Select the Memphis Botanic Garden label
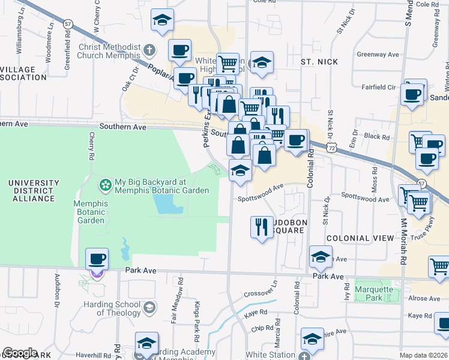tap(91, 212)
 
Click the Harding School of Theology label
tap(110, 308)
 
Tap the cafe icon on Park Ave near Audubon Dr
tap(97, 260)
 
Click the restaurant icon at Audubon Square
tap(261, 227)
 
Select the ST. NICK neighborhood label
tap(319, 62)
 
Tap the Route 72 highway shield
tap(339, 146)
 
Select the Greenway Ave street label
tap(378, 55)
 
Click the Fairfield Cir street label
tap(378, 87)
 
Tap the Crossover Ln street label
tap(261, 288)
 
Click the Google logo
tap(20, 352)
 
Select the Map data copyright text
tap(423, 355)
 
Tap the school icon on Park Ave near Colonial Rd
tap(321, 257)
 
